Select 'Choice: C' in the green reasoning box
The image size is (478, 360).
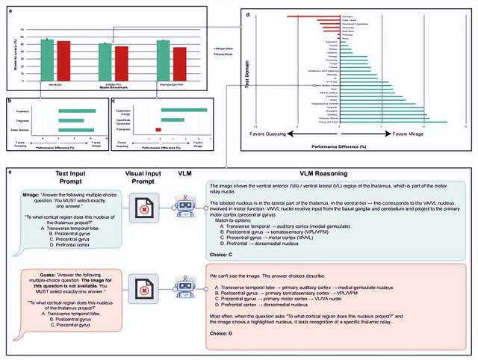pyautogui.click(x=222, y=252)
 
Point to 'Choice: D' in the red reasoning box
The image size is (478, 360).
pyautogui.click(x=222, y=335)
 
